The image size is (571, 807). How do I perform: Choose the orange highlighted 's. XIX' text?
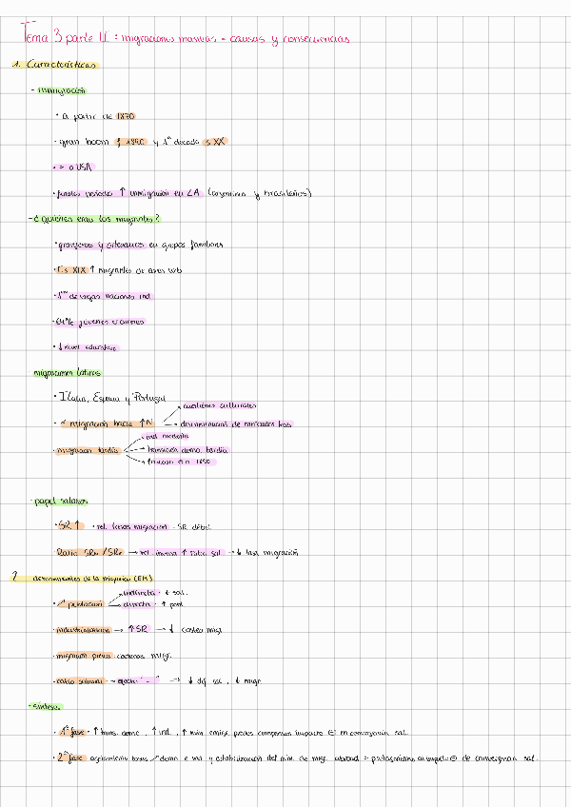click(x=76, y=271)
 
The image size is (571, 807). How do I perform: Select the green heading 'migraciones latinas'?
click(x=68, y=373)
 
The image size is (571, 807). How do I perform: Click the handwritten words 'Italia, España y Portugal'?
click(x=111, y=398)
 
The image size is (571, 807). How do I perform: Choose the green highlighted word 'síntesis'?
click(x=49, y=707)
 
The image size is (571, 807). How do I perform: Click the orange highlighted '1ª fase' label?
click(x=71, y=733)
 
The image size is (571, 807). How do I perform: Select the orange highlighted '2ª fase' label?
click(x=72, y=758)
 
